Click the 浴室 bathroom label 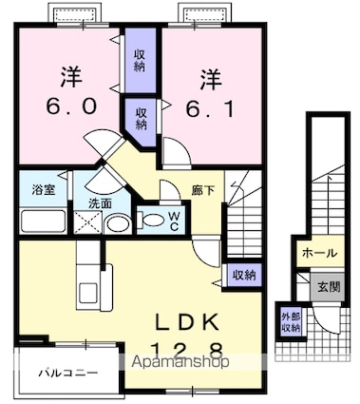click(x=44, y=190)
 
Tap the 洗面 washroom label click(x=100, y=203)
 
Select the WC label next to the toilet click(x=174, y=221)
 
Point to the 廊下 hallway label click(x=203, y=190)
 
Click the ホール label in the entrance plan click(x=319, y=253)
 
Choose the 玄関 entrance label click(x=329, y=287)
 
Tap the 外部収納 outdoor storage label click(x=291, y=322)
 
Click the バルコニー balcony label click(x=68, y=373)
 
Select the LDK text click(x=187, y=322)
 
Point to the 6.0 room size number click(x=71, y=106)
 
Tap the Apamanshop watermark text click(x=180, y=361)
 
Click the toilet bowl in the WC click(x=151, y=221)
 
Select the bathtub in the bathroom click(x=44, y=221)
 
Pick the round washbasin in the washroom click(x=118, y=224)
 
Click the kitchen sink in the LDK click(x=88, y=293)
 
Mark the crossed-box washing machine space click(x=87, y=222)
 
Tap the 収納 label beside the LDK click(x=244, y=276)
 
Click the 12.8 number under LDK click(x=187, y=351)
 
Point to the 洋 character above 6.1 click(x=211, y=79)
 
